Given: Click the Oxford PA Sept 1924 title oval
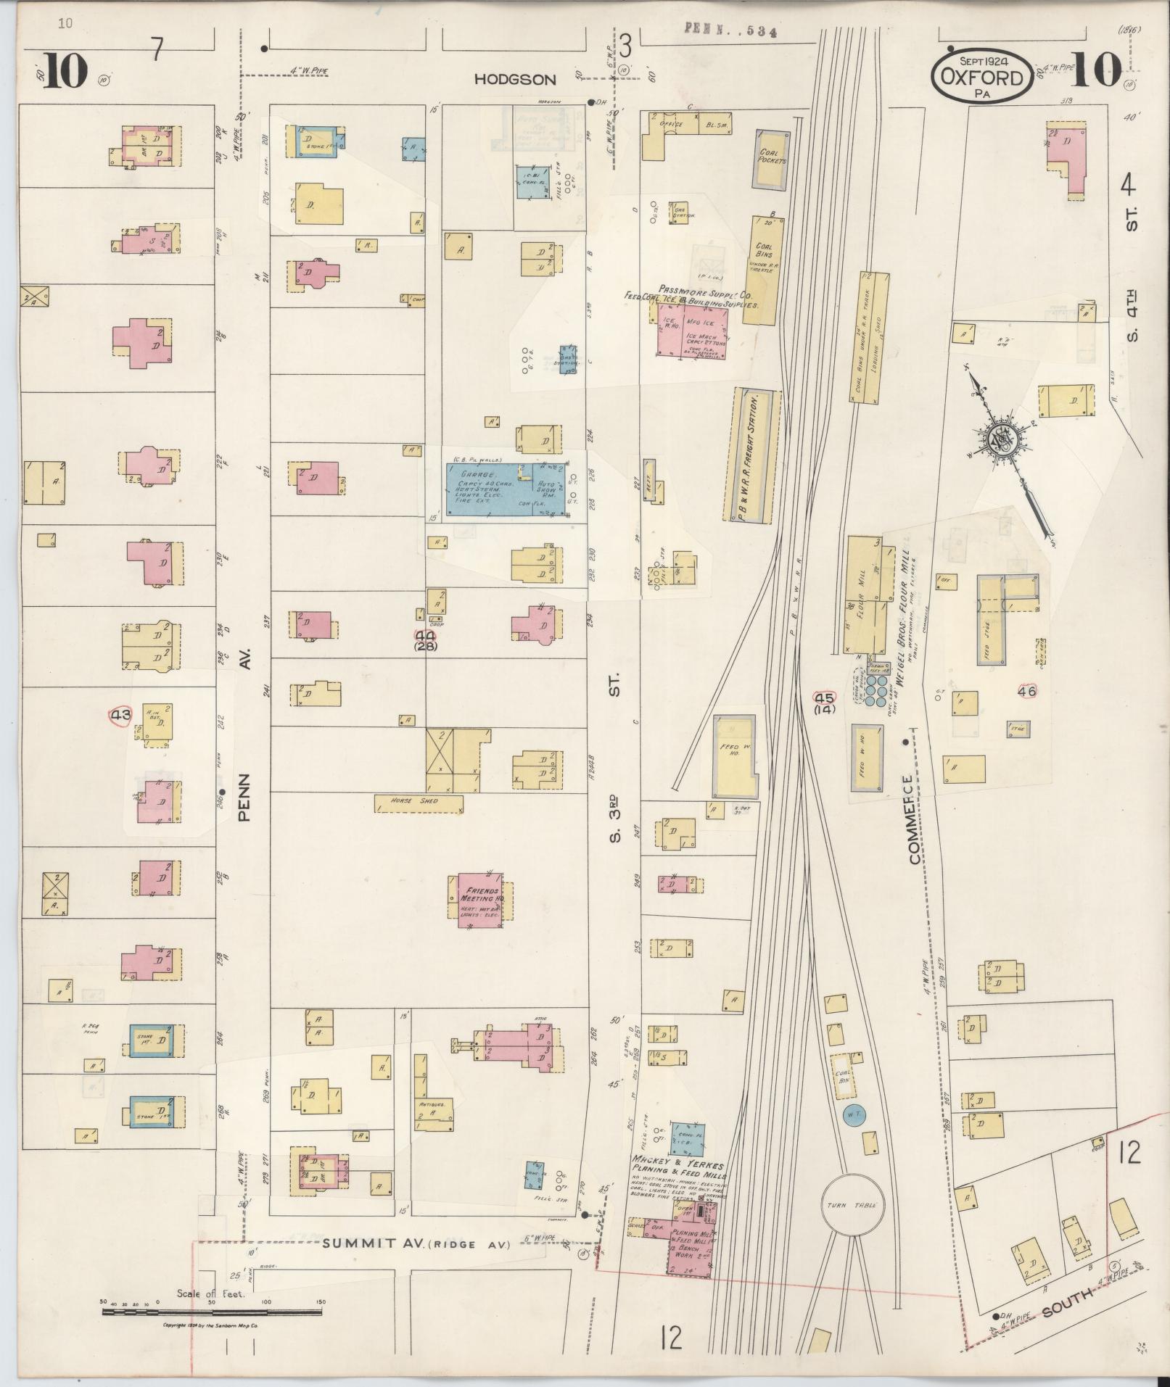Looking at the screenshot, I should click(x=982, y=75).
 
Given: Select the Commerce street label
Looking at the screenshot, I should click(x=911, y=819).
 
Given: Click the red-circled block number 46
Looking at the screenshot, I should click(x=1027, y=690).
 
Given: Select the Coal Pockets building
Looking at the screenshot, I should click(x=771, y=160).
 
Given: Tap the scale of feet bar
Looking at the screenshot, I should click(x=214, y=1312).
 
